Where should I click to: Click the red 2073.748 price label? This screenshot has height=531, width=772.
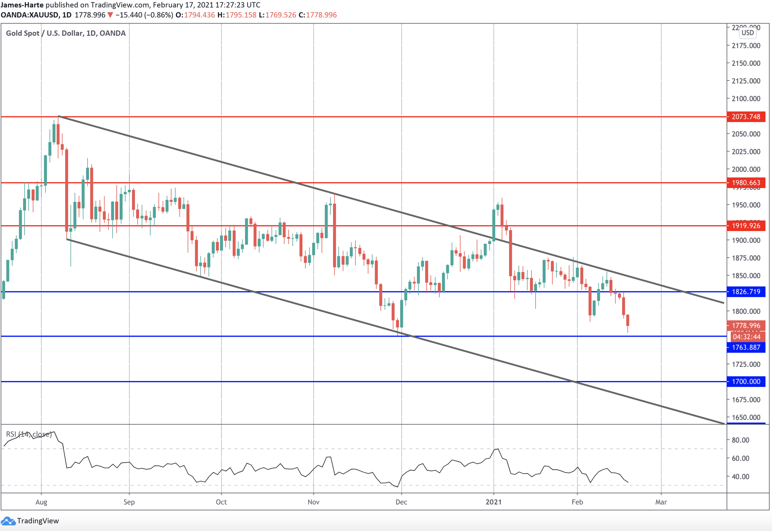pos(746,117)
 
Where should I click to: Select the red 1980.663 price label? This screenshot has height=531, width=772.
pos(746,183)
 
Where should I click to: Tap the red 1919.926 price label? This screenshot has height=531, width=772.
pos(746,226)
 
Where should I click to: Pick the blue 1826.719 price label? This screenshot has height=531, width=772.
pos(746,292)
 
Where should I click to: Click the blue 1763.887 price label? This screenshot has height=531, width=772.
pos(746,347)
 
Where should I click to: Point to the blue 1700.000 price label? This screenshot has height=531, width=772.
pos(746,382)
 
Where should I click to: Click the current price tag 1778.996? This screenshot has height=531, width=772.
pos(746,325)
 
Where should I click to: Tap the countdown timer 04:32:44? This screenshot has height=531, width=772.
pos(746,337)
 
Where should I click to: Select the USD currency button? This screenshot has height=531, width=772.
pos(748,32)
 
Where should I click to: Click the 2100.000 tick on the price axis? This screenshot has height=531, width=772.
pos(746,99)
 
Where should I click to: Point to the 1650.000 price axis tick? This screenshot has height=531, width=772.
pos(746,417)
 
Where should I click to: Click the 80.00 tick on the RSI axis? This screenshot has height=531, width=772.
pos(740,440)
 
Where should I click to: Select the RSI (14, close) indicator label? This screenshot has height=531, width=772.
pos(29,434)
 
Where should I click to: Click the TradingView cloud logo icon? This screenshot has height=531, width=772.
pos(8,521)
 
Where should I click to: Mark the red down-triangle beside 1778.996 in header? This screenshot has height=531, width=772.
pos(110,15)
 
